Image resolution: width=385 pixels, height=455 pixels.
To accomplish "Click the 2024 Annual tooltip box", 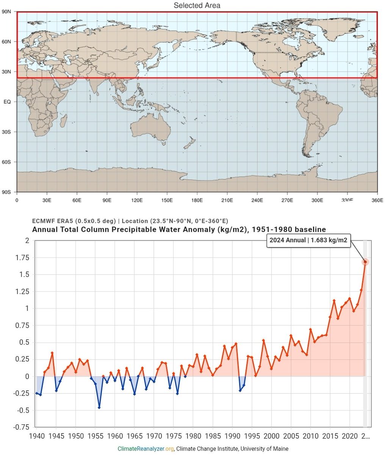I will click(308, 240).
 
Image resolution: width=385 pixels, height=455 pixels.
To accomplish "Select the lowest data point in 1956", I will click(99, 408).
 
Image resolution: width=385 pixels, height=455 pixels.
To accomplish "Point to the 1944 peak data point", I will click(52, 353).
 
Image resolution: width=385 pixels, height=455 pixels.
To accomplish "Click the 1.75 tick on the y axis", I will click(22, 258).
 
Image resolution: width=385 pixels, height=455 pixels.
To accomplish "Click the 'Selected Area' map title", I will click(197, 5).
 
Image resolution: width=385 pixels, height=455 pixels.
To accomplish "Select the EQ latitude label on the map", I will click(7, 102).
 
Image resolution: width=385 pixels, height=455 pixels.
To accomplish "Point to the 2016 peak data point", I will click(334, 300).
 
